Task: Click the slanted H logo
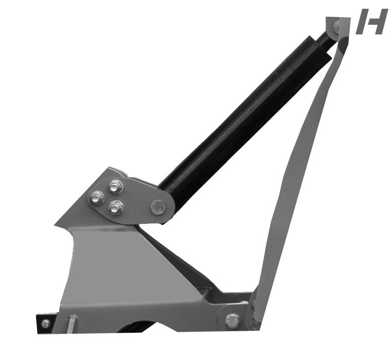click(x=370, y=22)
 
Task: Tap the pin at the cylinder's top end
click(x=337, y=25)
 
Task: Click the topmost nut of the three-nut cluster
click(x=116, y=186)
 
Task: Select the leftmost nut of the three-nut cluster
click(x=96, y=198)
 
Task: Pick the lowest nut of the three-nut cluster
click(x=117, y=207)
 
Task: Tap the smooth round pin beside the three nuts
click(x=158, y=207)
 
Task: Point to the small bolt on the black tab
click(x=45, y=324)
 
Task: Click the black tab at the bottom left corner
click(x=46, y=323)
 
